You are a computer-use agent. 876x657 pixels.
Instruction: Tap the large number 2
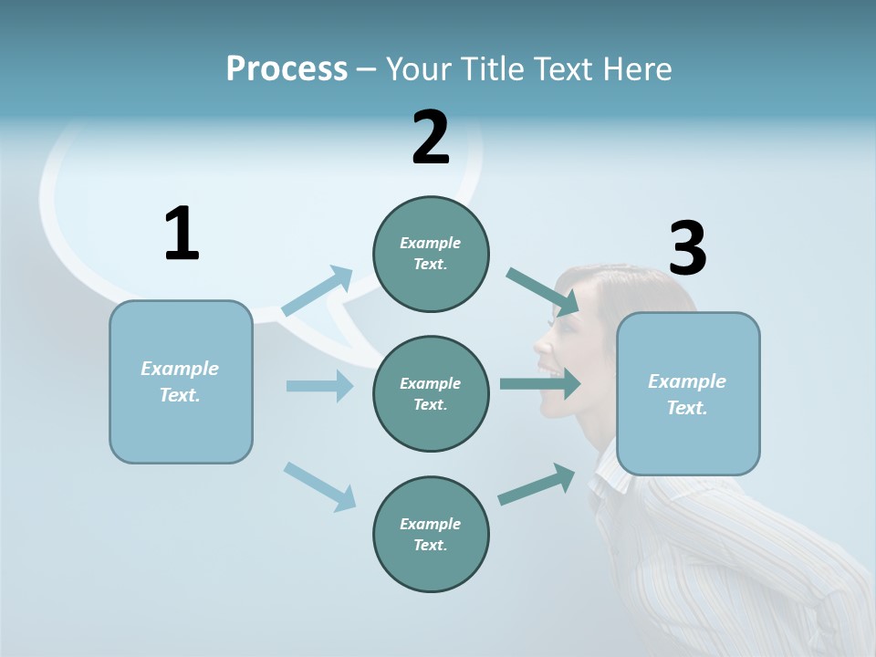[x=431, y=138]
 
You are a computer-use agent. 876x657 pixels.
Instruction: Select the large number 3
[x=687, y=249]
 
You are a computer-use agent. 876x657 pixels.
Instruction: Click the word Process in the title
[x=287, y=68]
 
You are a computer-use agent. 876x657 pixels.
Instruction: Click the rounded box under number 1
[x=181, y=381]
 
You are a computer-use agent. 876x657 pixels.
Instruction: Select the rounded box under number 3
[x=688, y=393]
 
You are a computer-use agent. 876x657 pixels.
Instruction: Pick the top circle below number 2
[x=431, y=254]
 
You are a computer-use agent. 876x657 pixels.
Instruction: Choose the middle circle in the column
[x=431, y=393]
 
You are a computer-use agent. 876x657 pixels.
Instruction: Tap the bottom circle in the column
[x=431, y=534]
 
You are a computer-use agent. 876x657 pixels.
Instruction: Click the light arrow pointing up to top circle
[x=318, y=291]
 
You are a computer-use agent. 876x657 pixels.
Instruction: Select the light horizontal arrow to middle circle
[x=319, y=386]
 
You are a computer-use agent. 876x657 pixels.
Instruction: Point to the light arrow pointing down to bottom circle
[x=319, y=486]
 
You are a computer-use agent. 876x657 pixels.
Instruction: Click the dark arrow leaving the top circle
[x=543, y=291]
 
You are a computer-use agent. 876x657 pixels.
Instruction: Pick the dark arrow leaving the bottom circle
[x=537, y=485]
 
